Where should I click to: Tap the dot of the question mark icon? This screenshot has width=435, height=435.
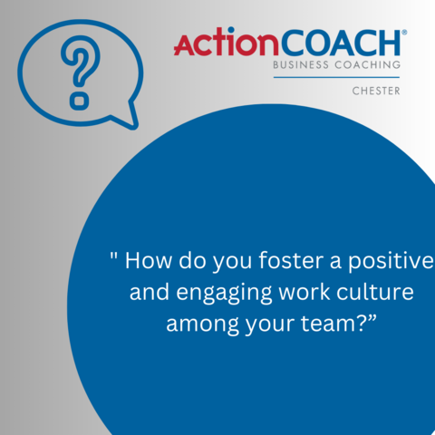coord(80,101)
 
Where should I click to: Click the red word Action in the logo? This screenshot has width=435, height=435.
coord(226,42)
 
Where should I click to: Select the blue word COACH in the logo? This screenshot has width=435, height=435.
coord(341,43)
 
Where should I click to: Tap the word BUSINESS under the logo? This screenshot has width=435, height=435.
coord(301,64)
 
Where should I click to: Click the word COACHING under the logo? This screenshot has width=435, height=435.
coord(368,64)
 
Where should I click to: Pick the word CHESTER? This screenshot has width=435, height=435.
coord(376,91)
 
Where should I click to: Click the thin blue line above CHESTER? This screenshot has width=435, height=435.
coord(336,77)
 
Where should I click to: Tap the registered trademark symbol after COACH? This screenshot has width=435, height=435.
coord(404,32)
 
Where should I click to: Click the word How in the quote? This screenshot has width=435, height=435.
coord(149,260)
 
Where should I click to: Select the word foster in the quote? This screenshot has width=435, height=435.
coord(291,259)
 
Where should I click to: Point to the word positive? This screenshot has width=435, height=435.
coord(391,262)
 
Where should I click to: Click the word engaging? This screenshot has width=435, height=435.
coord(224,293)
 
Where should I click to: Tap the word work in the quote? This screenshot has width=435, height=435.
coord(304,292)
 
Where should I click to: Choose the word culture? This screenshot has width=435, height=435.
coord(375,292)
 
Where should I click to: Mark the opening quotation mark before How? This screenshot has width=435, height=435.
coord(113,256)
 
